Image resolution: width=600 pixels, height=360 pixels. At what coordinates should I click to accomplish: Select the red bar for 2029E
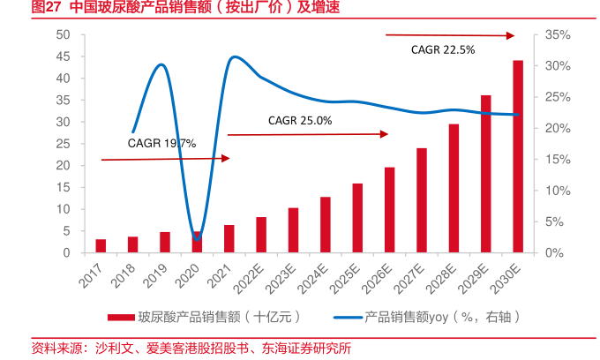pyautogui.click(x=486, y=175)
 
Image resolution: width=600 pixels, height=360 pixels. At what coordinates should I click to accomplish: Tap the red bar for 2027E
pyautogui.click(x=422, y=201)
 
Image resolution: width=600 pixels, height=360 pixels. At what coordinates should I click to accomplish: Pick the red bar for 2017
pyautogui.click(x=101, y=246)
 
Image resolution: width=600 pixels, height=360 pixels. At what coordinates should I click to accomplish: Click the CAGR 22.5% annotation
pyautogui.click(x=443, y=50)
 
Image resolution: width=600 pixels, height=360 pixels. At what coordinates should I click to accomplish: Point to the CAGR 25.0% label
pyautogui.click(x=300, y=120)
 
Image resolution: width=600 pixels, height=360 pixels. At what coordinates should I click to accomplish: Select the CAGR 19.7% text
pyautogui.click(x=161, y=143)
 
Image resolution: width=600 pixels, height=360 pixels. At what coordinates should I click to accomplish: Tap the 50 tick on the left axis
pyautogui.click(x=62, y=34)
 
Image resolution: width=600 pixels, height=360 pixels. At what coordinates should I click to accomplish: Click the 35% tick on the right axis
pyautogui.click(x=559, y=34)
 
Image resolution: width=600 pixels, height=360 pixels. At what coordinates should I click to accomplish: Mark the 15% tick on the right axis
pyautogui.click(x=559, y=160)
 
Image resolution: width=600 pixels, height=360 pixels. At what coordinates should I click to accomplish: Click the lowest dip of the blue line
pyautogui.click(x=198, y=236)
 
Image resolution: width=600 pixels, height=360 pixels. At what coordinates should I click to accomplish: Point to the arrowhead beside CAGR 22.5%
pyautogui.click(x=511, y=36)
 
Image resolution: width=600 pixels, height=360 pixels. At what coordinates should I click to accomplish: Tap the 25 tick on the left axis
pyautogui.click(x=62, y=144)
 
